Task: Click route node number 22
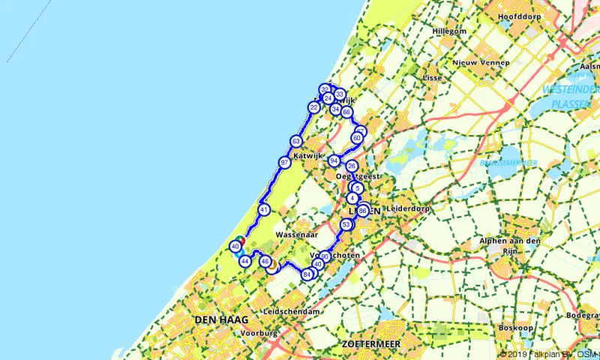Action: click(313, 108)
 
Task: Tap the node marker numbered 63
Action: click(295, 142)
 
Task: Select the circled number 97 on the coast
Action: click(284, 163)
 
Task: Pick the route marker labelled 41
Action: click(264, 210)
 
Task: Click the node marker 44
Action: click(244, 260)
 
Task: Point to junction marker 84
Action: click(307, 274)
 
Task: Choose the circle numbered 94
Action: click(334, 160)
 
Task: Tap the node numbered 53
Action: click(346, 225)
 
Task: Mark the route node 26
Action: click(352, 166)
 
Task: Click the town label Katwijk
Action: click(307, 156)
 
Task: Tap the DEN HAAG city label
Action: click(221, 320)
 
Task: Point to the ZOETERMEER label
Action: click(373, 343)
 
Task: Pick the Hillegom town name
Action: click(449, 31)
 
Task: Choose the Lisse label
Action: click(433, 77)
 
